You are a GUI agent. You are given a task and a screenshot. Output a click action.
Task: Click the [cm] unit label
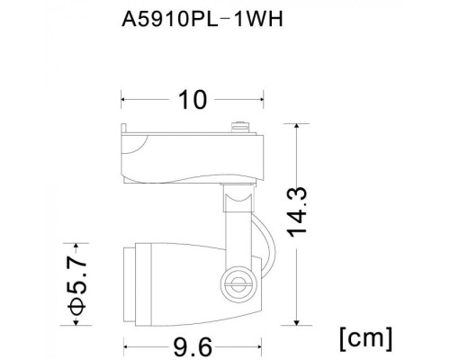tap(366, 337)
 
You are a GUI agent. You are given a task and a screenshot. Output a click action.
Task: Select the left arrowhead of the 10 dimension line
tap(124, 99)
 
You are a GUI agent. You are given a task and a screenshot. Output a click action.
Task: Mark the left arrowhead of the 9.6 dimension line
tap(124, 343)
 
